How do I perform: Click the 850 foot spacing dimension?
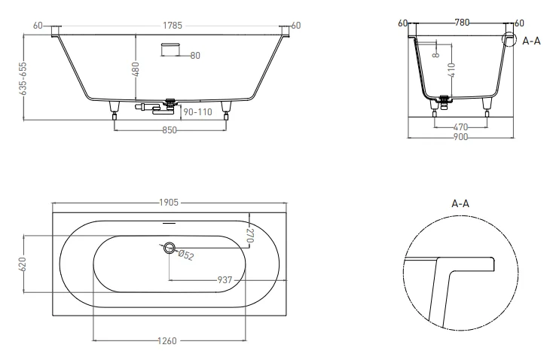pos(170,130)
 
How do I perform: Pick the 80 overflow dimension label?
pos(195,55)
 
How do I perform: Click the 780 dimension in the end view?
pos(460,23)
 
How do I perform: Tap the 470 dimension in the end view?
pos(460,127)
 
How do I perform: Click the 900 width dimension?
pos(460,138)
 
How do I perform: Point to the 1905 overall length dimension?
pos(168,203)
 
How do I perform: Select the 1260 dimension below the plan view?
pos(168,341)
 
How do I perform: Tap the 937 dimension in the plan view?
pos(224,279)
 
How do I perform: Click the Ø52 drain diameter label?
pos(185,255)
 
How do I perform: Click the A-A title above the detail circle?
pos(460,203)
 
